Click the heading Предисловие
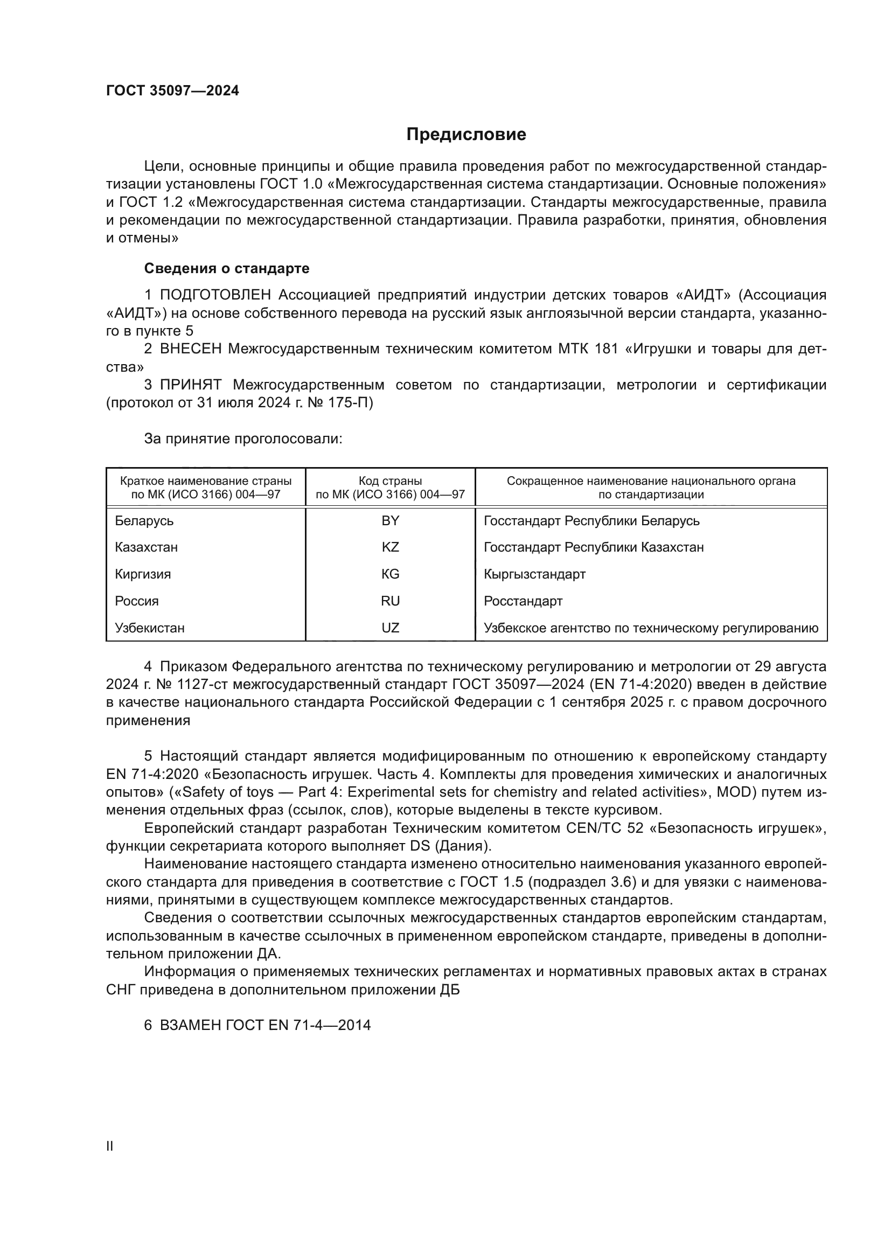tap(466, 135)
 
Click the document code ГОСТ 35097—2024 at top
tap(172, 91)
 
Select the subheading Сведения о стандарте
tap(227, 268)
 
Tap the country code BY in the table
tap(390, 521)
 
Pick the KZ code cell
tap(390, 548)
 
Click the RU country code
tap(390, 601)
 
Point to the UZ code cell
tap(390, 628)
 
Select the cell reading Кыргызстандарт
tap(534, 575)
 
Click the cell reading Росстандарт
tap(523, 601)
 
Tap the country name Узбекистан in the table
tap(150, 628)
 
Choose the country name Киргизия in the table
tap(143, 575)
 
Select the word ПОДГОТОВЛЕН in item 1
tap(215, 295)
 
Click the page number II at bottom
tap(110, 1146)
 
